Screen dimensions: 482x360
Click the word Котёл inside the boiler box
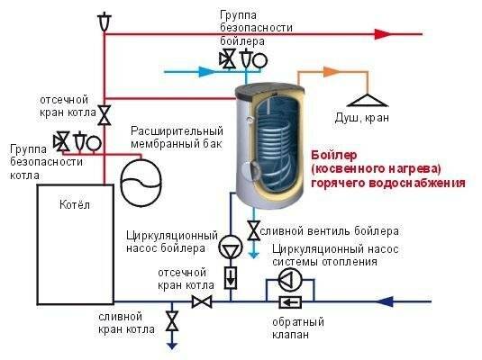pyautogui.click(x=75, y=204)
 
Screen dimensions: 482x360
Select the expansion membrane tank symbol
pyautogui.click(x=141, y=183)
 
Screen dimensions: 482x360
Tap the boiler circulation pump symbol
pyautogui.click(x=231, y=247)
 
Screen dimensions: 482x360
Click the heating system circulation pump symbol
pyautogui.click(x=290, y=280)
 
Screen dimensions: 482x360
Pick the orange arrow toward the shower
pyautogui.click(x=332, y=72)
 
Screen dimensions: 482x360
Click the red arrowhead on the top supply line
pyautogui.click(x=383, y=34)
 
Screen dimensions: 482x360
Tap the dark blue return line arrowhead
pyautogui.click(x=385, y=301)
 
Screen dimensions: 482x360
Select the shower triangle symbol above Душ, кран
pyautogui.click(x=368, y=100)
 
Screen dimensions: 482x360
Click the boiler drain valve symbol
pyautogui.click(x=254, y=230)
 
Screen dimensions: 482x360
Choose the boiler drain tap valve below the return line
pyautogui.click(x=172, y=320)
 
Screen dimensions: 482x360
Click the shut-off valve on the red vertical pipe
pyautogui.click(x=105, y=115)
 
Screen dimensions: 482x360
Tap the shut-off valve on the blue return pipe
pyautogui.click(x=202, y=301)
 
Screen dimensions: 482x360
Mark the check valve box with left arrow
pyautogui.click(x=290, y=302)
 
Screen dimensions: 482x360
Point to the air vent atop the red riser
pyautogui.click(x=105, y=21)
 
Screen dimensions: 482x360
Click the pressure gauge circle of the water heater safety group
pyautogui.click(x=259, y=60)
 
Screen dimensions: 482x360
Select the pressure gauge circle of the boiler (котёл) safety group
pyautogui.click(x=94, y=143)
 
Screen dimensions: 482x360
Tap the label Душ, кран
pyautogui.click(x=362, y=118)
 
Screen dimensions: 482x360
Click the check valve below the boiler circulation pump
pyautogui.click(x=231, y=278)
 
